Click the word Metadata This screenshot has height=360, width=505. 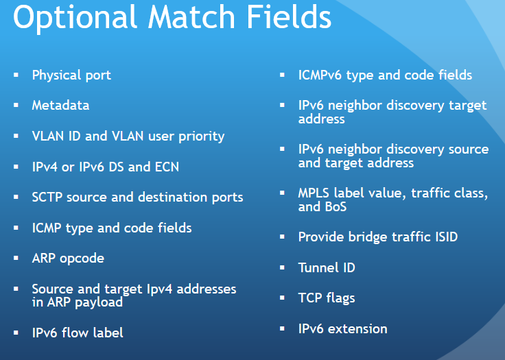click(x=60, y=106)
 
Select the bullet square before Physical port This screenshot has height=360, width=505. click(x=16, y=75)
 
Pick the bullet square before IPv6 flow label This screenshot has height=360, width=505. click(x=16, y=333)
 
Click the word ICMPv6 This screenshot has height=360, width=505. click(x=320, y=75)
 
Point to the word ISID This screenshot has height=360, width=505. click(x=443, y=237)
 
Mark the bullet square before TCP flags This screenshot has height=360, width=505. click(x=282, y=298)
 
